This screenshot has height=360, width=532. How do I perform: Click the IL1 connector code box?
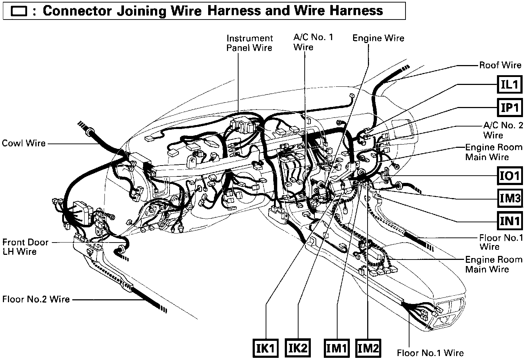(510, 85)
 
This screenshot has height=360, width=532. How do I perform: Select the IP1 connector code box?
(510, 107)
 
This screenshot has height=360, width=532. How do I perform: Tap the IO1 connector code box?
(510, 176)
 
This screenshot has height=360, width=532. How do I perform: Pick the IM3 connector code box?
(510, 198)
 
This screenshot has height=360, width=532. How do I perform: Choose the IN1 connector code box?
(510, 220)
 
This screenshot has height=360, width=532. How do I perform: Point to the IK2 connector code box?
(298, 348)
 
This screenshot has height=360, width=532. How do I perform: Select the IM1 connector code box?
(336, 348)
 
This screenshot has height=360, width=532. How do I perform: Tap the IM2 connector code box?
(368, 348)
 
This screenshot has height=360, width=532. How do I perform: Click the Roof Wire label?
(500, 65)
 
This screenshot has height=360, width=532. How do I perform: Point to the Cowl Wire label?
(24, 143)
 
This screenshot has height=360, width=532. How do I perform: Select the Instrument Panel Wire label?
(249, 43)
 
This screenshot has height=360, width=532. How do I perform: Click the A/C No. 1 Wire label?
(313, 42)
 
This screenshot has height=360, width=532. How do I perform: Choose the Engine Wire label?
(378, 38)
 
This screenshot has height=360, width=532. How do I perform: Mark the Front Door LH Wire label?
(25, 247)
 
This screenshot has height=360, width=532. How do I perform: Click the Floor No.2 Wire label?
(36, 299)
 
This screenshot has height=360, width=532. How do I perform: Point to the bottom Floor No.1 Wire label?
(430, 353)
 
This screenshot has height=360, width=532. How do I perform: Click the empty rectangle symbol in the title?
(19, 11)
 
